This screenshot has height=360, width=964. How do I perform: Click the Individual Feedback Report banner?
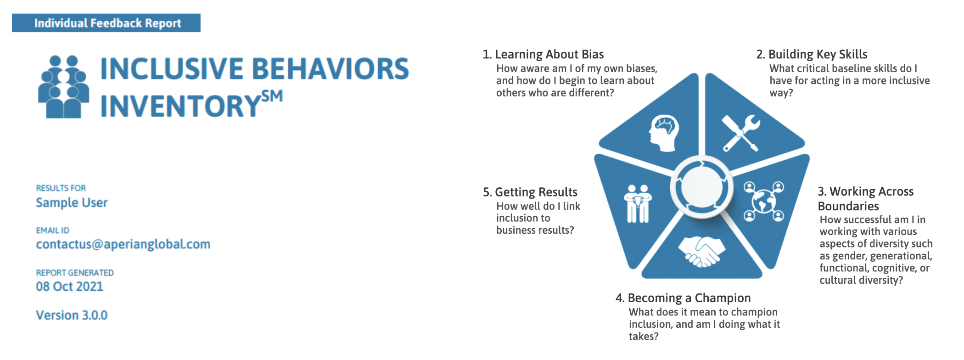[x=106, y=23]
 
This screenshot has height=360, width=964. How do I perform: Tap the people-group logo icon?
[x=64, y=87]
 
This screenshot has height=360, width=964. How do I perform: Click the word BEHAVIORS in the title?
[x=331, y=69]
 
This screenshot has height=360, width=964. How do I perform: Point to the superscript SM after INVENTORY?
[x=272, y=96]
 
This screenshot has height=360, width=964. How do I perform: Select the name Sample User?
[x=72, y=202]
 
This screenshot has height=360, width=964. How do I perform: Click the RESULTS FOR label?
[x=61, y=188]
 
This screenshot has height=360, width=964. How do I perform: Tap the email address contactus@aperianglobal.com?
[x=123, y=244]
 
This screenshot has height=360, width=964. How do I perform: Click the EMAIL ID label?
[x=53, y=231]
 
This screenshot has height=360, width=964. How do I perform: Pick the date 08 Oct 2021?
[x=70, y=287]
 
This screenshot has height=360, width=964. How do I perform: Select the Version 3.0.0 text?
[x=72, y=315]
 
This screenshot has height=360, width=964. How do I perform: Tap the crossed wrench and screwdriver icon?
[x=740, y=133]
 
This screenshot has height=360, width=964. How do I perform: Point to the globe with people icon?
[x=763, y=201]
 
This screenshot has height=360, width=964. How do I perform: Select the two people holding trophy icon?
[x=638, y=204]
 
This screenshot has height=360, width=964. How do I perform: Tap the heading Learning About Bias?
[x=543, y=54]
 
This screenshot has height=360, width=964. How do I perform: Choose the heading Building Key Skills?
[x=812, y=54]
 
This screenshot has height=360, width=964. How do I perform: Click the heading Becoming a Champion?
[x=683, y=298]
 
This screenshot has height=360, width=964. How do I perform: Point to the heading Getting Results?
[x=530, y=192]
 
